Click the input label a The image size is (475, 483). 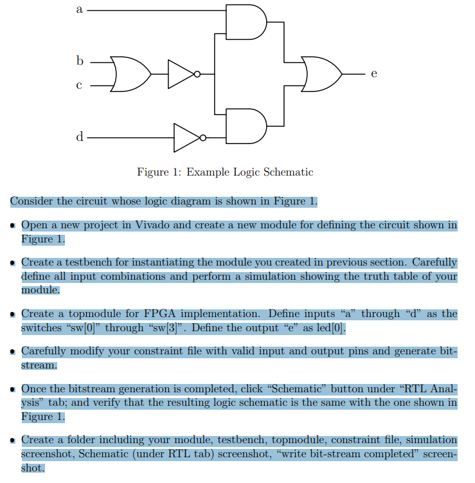[79, 10]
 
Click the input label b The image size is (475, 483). [80, 61]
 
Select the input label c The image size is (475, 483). [80, 85]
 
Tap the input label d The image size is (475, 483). [80, 136]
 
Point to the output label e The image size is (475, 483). [373, 75]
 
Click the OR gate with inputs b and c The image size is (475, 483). [129, 74]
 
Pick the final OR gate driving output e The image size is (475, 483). [322, 74]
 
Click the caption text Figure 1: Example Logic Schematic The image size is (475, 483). [225, 172]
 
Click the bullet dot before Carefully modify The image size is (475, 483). [13, 352]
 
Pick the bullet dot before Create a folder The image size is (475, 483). [13, 441]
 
